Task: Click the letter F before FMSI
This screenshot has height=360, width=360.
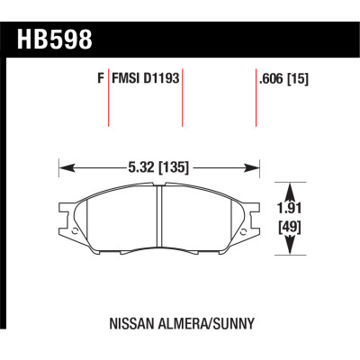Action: pos(98,78)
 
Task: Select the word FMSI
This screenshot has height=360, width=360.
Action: pos(123,78)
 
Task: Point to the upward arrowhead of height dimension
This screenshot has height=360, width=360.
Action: pos(290,188)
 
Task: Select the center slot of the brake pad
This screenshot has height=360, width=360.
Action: pos(159,216)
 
